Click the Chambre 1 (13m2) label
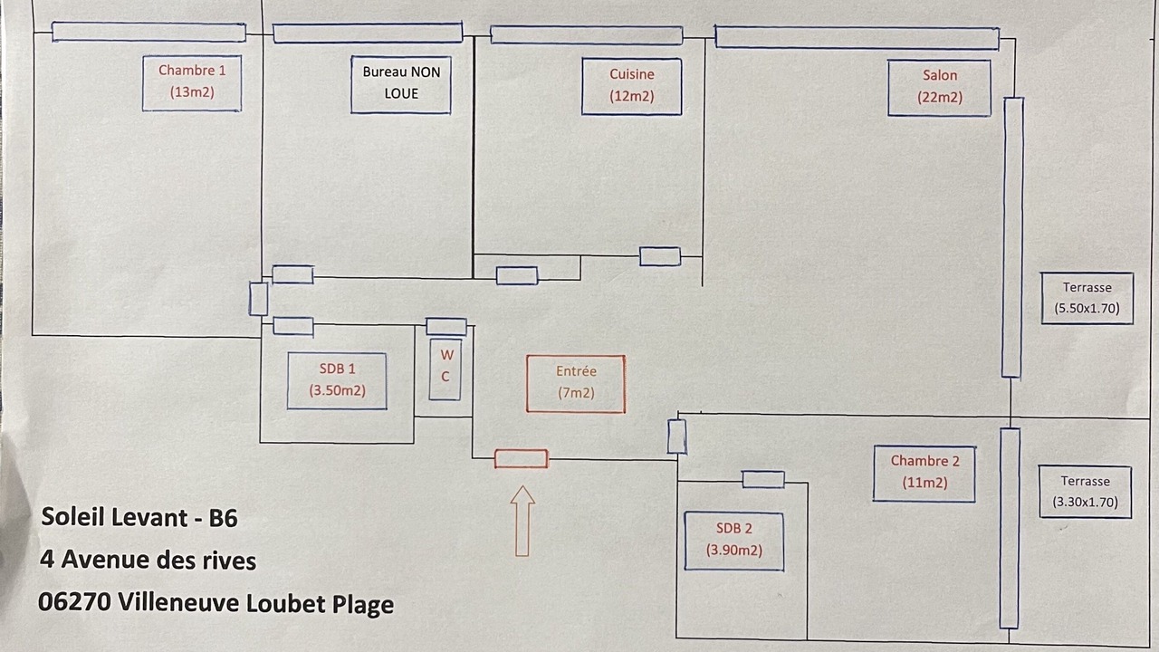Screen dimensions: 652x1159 (192, 82)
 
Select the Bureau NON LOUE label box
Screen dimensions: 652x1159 (401, 84)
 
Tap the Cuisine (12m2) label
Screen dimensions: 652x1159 (631, 86)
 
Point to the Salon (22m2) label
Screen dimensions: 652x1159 (939, 88)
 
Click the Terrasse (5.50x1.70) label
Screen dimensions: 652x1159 (1087, 298)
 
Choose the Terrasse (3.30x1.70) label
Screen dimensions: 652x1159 (1085, 492)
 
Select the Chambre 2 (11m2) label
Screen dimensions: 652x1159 (924, 473)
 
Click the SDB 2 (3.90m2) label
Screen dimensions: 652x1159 (733, 541)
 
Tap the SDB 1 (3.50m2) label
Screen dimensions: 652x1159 (337, 380)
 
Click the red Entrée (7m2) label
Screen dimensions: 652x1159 (576, 383)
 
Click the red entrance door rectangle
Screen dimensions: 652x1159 (521, 459)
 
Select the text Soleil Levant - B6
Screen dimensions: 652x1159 (139, 518)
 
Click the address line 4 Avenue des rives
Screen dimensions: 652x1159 (148, 561)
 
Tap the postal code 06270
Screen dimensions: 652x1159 (74, 602)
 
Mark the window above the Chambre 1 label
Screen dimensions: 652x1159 (148, 33)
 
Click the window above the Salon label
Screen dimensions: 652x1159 (857, 38)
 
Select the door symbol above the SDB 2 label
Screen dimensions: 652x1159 (763, 480)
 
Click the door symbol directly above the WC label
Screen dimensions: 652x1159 (446, 327)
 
